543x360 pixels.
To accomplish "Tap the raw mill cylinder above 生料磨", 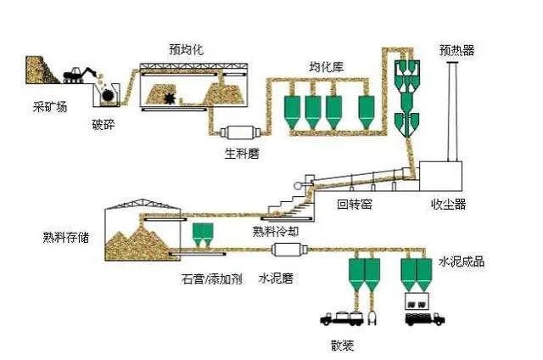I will pos(240,133).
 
